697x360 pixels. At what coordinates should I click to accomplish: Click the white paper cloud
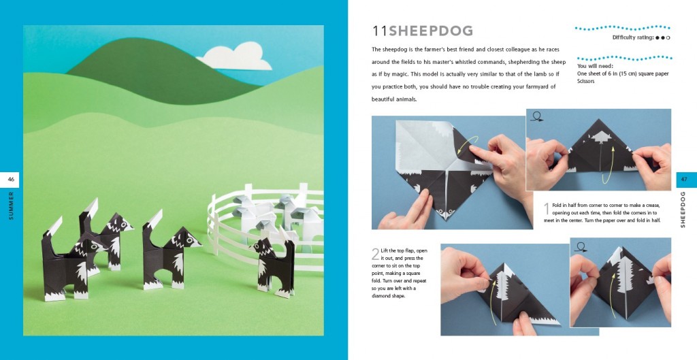click(236, 58)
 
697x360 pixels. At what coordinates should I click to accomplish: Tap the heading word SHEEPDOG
click(431, 31)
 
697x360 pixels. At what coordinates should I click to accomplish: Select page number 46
click(11, 180)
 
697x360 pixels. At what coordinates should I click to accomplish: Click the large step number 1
click(547, 210)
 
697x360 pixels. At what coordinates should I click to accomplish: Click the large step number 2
click(375, 254)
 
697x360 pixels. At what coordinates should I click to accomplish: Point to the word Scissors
click(586, 82)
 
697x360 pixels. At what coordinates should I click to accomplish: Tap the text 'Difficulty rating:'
click(633, 38)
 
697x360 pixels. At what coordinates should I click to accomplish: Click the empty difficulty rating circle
click(668, 38)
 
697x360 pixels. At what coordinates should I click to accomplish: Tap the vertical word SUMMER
click(11, 205)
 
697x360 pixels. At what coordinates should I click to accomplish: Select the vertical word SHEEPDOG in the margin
click(683, 210)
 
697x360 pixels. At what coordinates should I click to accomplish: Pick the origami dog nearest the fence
click(272, 267)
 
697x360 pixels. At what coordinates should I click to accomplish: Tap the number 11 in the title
click(380, 31)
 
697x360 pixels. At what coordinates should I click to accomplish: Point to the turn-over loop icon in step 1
click(537, 116)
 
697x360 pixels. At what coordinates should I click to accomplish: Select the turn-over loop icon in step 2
click(581, 246)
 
